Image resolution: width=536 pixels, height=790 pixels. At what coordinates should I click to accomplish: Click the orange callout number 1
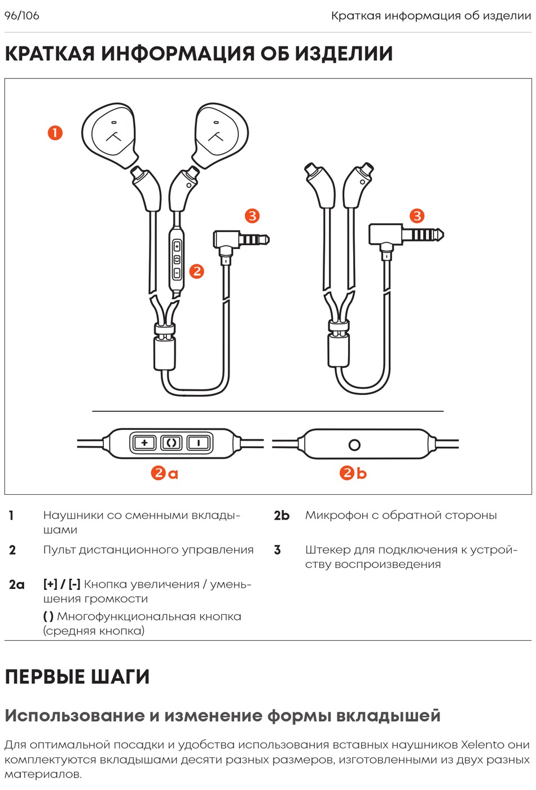tap(55, 133)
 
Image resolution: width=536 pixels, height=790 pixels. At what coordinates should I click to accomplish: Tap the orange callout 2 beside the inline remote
tap(196, 271)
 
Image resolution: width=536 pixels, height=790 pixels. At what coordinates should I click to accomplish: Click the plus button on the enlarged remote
tap(144, 443)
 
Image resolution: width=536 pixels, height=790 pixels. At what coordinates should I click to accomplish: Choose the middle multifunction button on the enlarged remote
tap(172, 443)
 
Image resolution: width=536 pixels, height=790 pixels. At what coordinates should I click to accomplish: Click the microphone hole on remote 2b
tap(354, 445)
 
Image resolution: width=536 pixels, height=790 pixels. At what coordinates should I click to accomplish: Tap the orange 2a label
tap(165, 473)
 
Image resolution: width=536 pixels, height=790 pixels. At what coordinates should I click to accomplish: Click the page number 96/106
tap(22, 16)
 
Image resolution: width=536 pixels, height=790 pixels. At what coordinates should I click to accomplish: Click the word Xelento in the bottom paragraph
tap(482, 744)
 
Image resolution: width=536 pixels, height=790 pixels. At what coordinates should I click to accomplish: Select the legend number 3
tap(277, 550)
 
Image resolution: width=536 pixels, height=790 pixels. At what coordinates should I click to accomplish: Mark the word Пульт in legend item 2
tap(59, 550)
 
